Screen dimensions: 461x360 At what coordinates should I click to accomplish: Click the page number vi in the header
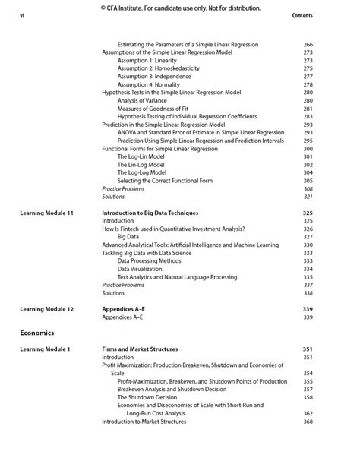tap(22, 16)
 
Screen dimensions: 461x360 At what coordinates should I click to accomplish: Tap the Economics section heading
tap(37, 333)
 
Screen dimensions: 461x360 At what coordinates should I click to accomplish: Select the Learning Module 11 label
tap(46, 213)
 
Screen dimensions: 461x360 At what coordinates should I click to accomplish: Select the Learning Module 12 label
tap(46, 309)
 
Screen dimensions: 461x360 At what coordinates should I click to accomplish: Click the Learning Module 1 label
tap(45, 349)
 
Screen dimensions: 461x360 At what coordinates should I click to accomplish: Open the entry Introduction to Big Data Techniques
tap(150, 213)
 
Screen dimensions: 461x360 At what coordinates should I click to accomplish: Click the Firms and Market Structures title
tap(140, 349)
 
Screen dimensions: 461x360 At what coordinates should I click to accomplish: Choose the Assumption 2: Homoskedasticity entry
tap(158, 68)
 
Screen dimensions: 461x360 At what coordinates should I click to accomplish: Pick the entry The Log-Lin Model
tap(141, 156)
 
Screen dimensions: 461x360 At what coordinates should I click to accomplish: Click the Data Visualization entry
tap(139, 269)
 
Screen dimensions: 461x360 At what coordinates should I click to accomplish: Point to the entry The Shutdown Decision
tap(147, 397)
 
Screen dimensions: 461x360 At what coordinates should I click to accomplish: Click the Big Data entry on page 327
tap(128, 237)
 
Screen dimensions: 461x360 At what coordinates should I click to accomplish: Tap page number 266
tap(308, 45)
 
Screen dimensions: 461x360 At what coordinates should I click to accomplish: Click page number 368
tap(308, 422)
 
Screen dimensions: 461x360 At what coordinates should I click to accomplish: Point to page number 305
tap(308, 181)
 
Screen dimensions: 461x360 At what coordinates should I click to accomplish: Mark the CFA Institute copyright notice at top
tap(180, 8)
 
